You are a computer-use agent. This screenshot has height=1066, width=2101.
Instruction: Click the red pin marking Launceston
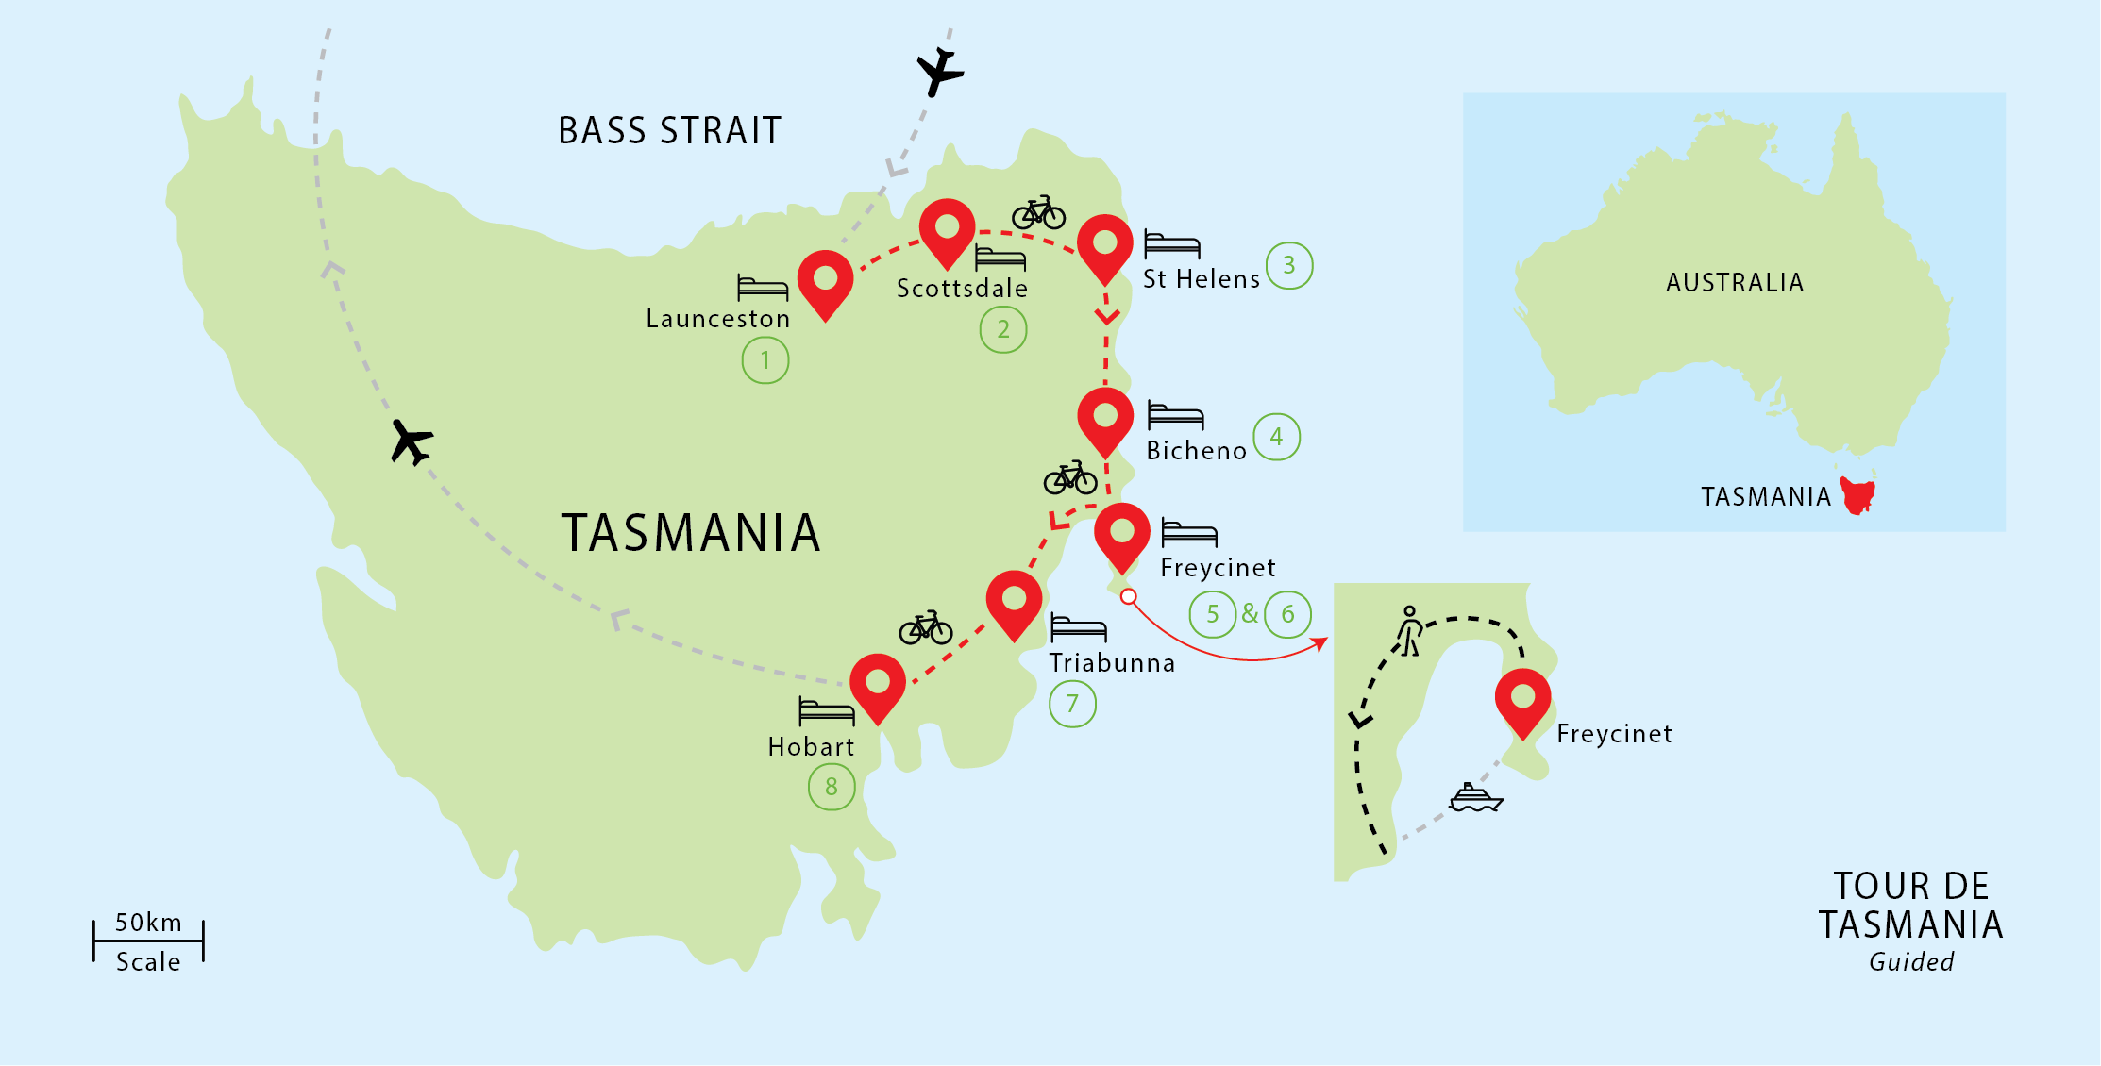tap(825, 281)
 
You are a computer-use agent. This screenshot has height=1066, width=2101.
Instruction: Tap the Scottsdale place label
tap(961, 289)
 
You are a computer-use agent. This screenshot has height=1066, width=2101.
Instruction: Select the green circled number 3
tap(1288, 265)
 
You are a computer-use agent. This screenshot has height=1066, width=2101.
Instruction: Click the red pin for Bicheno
tap(1104, 419)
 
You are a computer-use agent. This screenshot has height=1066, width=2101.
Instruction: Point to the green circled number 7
tap(1072, 704)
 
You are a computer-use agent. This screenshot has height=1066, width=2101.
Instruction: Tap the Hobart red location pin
tap(877, 685)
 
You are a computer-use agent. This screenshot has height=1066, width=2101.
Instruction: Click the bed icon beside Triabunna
tap(1078, 628)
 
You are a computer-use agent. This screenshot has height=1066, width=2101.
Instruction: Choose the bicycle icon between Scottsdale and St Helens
tap(1038, 214)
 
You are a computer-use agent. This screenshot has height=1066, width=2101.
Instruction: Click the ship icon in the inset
tap(1475, 798)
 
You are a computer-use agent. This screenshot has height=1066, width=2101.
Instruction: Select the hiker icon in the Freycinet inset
tap(1409, 631)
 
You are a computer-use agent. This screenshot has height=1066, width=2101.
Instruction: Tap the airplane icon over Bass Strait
tap(938, 71)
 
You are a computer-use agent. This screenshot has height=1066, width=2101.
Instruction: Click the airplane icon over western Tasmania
tap(412, 441)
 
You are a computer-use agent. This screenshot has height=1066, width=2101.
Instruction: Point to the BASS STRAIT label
tap(669, 131)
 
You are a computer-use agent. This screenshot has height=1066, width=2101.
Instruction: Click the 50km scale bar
tap(148, 941)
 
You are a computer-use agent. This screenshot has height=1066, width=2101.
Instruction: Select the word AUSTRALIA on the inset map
tap(1734, 283)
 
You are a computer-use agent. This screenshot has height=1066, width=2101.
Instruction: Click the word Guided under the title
tap(1910, 962)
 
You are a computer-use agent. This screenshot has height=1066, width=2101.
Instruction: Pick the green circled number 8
tap(831, 787)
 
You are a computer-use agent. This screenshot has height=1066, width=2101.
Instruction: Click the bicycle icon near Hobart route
tap(925, 628)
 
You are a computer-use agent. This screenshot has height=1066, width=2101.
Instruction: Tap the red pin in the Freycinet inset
tap(1522, 700)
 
